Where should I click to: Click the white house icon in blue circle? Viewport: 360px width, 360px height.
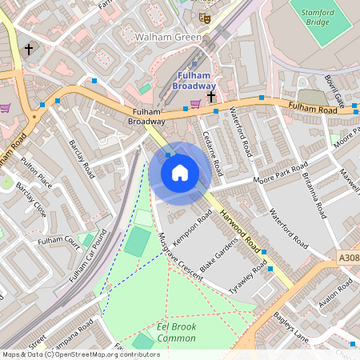click(180, 173)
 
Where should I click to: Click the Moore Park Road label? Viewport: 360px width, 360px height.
click(281, 174)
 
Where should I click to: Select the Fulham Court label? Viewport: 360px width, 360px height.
click(58, 240)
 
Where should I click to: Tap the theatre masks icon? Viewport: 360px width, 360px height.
click(204, 15)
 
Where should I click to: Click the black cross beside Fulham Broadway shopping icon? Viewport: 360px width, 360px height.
click(211, 97)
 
